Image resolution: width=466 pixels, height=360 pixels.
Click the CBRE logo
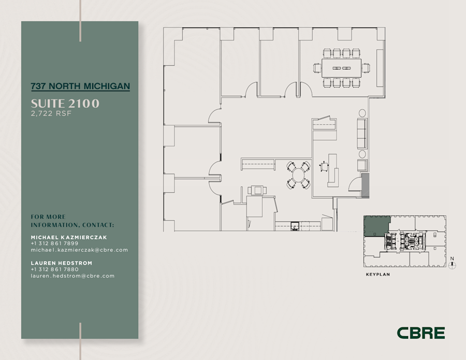click(420, 333)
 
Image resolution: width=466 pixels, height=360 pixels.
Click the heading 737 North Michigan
click(80, 86)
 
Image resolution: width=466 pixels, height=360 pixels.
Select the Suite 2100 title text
click(65, 104)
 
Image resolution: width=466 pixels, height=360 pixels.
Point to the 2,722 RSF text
click(51, 114)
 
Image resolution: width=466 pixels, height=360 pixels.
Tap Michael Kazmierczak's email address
click(79, 250)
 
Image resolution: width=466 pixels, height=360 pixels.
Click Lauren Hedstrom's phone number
click(54, 269)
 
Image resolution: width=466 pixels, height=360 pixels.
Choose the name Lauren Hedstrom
click(61, 263)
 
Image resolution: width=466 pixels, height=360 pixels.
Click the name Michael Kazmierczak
click(69, 237)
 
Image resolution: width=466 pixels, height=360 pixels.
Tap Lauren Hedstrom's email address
click(72, 276)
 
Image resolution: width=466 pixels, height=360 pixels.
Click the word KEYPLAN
click(377, 275)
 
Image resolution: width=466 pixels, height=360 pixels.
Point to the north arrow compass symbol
click(453, 265)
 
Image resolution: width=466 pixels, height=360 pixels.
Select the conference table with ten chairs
click(342, 68)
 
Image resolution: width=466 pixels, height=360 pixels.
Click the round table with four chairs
click(299, 175)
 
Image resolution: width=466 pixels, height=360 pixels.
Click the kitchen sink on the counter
click(294, 225)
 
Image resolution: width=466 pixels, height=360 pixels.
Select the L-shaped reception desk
click(331, 170)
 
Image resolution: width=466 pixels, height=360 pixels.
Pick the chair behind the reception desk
click(325, 166)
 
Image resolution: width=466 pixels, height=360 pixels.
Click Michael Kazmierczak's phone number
click(54, 243)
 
